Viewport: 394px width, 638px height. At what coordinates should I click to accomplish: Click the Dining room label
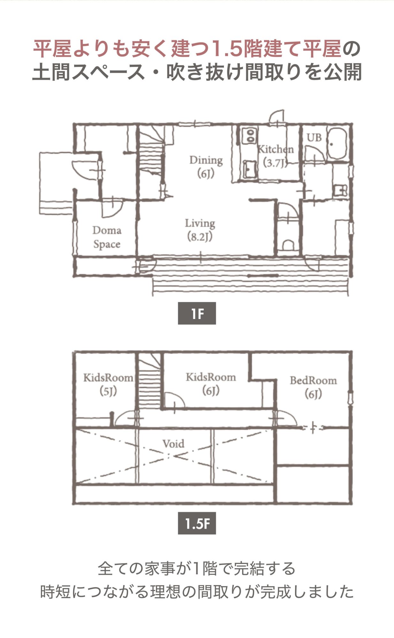tap(206, 167)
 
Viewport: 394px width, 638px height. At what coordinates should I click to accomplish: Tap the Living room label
tap(200, 230)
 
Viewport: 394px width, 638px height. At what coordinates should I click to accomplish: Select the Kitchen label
tap(275, 156)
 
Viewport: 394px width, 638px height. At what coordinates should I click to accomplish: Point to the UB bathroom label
tap(314, 137)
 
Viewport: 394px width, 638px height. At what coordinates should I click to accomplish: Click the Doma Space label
tap(107, 237)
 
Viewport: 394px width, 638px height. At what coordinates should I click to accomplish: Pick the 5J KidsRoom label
tap(108, 384)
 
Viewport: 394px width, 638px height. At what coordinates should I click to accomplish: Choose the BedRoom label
tap(313, 387)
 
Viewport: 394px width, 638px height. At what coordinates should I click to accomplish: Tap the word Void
tap(173, 444)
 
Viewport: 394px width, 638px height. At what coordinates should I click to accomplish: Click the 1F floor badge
tap(197, 313)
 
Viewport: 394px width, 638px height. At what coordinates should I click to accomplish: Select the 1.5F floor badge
tap(197, 523)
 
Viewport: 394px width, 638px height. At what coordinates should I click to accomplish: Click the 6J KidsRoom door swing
tap(174, 400)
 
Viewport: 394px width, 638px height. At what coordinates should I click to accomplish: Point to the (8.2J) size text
tap(200, 237)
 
